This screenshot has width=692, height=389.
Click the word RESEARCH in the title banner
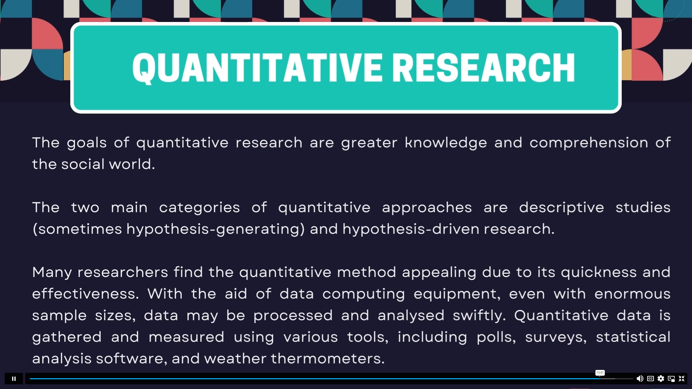point(483,68)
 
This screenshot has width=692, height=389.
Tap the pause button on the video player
point(14,379)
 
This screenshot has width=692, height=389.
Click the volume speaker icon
point(640,379)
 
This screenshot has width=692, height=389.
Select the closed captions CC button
point(651,379)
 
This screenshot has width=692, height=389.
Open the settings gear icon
point(661,379)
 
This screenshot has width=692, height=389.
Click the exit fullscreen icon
point(682,379)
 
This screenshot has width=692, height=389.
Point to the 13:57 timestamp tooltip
point(600,373)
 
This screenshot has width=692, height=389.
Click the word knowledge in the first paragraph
point(446,143)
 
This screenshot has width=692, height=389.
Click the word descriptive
point(562,208)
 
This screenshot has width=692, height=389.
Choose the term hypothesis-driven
point(411,229)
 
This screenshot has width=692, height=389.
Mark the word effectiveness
point(85,294)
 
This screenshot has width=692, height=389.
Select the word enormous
point(633,294)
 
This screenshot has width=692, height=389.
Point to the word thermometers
point(328,359)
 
